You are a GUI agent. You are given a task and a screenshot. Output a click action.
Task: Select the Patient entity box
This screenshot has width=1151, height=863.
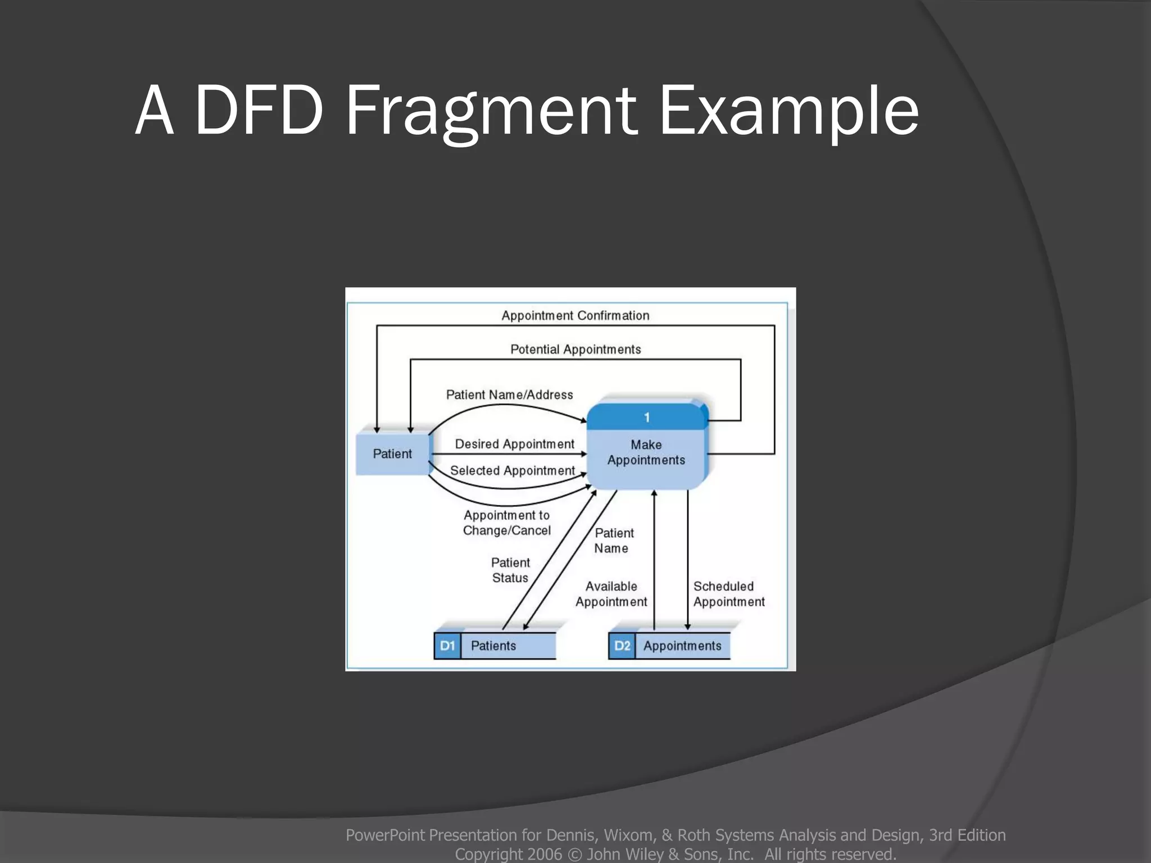click(392, 454)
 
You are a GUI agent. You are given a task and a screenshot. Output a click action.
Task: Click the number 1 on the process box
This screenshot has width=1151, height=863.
click(647, 417)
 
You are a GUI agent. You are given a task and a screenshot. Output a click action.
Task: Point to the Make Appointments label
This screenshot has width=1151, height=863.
click(646, 452)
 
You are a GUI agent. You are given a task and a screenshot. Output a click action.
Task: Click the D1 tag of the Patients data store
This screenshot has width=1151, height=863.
click(447, 646)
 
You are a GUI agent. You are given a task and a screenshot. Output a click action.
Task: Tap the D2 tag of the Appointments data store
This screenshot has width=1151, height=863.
click(622, 646)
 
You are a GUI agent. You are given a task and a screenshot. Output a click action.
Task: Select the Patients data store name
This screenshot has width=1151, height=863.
click(493, 646)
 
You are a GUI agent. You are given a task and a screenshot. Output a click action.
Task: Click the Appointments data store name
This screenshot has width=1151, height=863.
click(682, 646)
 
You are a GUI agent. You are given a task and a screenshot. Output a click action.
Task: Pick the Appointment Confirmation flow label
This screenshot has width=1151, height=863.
click(575, 316)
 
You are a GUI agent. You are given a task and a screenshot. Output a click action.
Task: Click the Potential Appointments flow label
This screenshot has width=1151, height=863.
click(575, 349)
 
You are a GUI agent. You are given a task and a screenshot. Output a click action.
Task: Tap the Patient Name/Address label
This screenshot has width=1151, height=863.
click(509, 395)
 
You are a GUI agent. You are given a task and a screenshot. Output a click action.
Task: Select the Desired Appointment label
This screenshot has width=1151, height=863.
click(514, 444)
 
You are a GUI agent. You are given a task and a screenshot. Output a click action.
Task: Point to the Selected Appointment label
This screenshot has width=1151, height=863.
click(512, 471)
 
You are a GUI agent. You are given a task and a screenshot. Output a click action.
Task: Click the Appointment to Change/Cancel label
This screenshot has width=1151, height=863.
click(506, 523)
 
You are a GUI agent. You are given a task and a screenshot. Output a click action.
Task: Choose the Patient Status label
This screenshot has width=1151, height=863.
click(510, 570)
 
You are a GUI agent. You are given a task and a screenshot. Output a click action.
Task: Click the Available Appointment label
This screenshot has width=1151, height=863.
click(611, 594)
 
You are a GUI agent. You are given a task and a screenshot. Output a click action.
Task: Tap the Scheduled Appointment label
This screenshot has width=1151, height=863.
click(728, 594)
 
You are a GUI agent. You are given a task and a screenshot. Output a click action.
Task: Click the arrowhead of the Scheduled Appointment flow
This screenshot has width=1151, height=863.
click(687, 626)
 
